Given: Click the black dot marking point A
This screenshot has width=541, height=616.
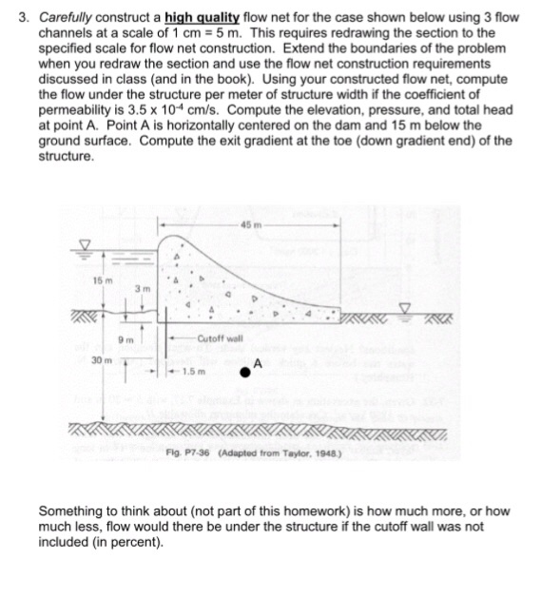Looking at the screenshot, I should [x=245, y=373].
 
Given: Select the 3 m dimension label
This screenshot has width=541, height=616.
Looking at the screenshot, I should [x=141, y=288].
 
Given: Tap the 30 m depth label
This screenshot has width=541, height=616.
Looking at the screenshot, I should [x=99, y=361].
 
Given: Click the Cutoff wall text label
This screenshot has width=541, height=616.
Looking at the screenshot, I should [x=221, y=337].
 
